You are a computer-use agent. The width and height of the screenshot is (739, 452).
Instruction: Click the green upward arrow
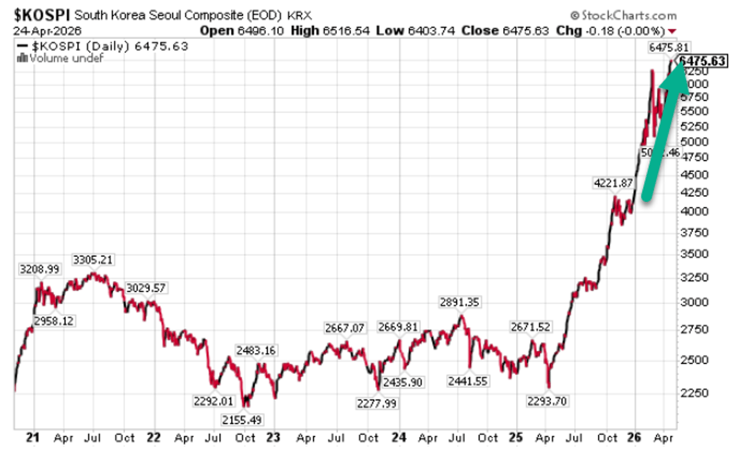[665, 129]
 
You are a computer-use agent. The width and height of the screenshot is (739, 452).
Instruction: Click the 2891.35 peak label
[460, 302]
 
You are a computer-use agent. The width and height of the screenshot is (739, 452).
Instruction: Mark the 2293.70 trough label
[547, 401]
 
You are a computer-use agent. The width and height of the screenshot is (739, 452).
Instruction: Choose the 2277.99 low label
[377, 403]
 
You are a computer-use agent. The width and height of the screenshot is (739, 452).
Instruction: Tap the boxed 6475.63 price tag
[703, 60]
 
